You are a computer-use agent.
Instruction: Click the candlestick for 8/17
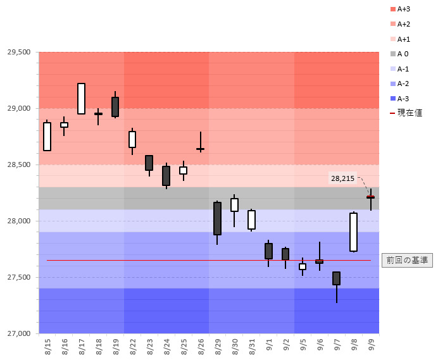(x=81, y=99)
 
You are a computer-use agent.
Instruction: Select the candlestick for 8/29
(x=217, y=218)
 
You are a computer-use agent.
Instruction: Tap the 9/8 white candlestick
(x=353, y=232)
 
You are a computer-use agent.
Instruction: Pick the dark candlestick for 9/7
(x=336, y=278)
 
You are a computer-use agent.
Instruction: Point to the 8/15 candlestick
(x=47, y=137)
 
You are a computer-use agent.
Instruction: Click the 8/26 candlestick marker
(x=200, y=149)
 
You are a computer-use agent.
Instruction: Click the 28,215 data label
(x=343, y=178)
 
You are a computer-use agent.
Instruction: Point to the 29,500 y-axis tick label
(x=19, y=52)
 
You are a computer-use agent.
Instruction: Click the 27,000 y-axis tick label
(x=19, y=333)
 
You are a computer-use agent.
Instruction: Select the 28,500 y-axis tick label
(x=19, y=164)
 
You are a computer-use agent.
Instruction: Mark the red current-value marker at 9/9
(x=370, y=197)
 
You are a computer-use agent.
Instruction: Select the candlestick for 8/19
(x=115, y=107)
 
